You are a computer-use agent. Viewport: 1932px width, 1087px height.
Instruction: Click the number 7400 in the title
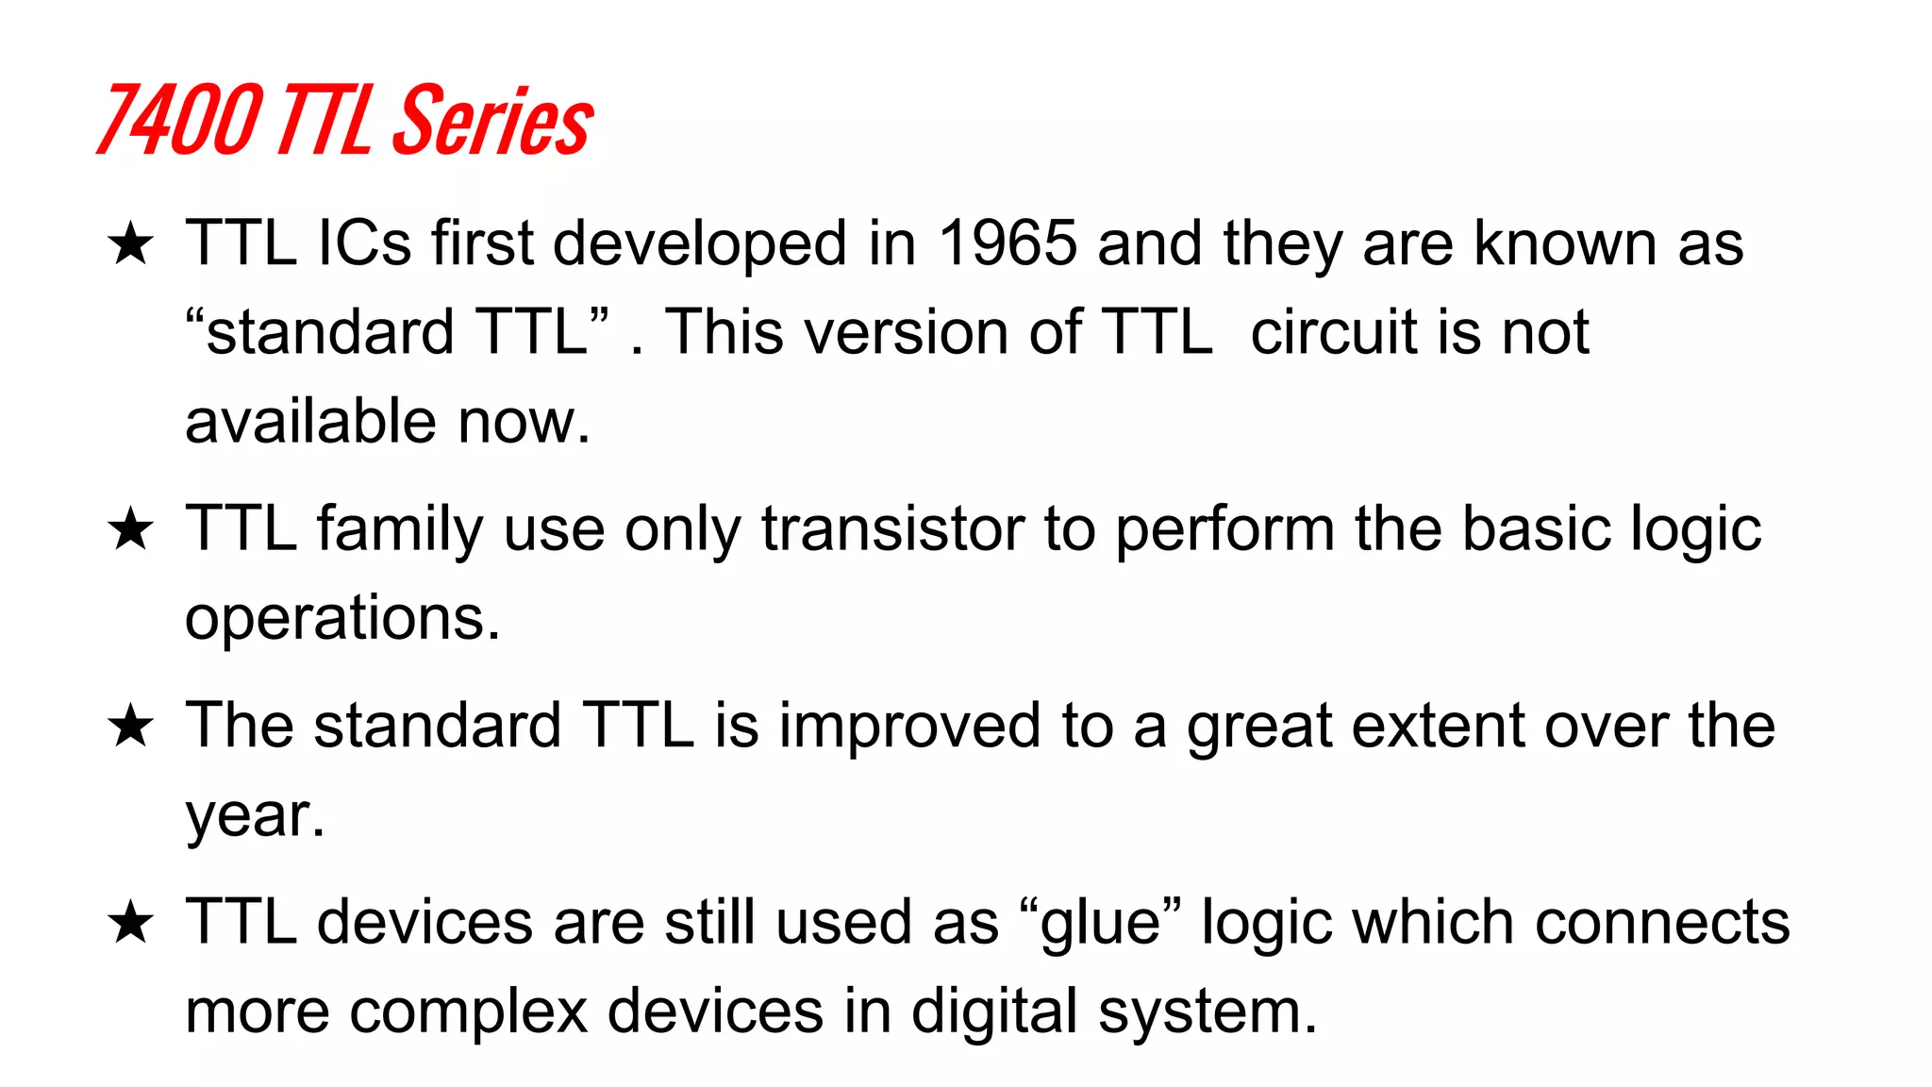tap(179, 120)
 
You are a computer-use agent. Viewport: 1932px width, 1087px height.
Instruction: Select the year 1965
tap(1008, 243)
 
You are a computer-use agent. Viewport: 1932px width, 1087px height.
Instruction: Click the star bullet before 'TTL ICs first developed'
tap(130, 244)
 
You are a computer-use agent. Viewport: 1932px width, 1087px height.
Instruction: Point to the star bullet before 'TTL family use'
tap(130, 529)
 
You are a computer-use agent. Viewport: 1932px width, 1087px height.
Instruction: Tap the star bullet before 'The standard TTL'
tap(130, 727)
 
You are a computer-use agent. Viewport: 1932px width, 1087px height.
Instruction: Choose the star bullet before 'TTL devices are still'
tap(130, 923)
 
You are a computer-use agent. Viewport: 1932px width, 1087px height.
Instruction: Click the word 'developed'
tap(699, 243)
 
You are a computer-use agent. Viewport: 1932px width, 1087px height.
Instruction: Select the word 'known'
tap(1565, 243)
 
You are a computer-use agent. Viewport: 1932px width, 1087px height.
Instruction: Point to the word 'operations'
tap(341, 619)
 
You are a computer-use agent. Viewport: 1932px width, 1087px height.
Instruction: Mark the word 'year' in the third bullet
tap(248, 815)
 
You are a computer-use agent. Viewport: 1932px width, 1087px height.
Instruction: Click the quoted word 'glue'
tap(1100, 923)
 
